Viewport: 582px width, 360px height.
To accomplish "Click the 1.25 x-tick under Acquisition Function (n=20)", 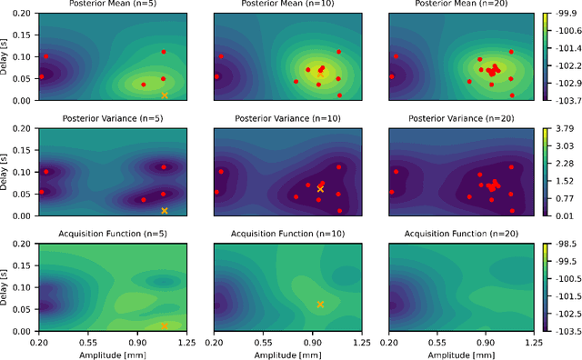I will (537, 342).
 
